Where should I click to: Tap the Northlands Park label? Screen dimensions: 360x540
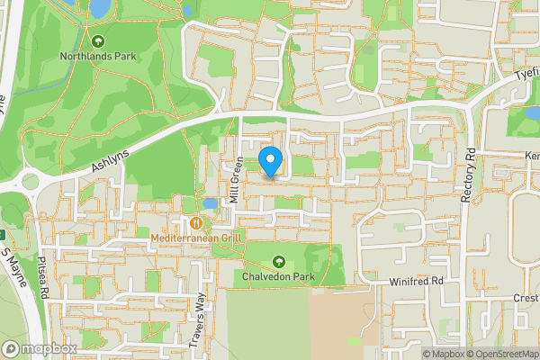[x=98, y=56]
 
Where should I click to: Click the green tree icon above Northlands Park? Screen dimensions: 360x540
[x=98, y=40]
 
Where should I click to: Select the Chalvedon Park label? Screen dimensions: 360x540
[x=278, y=277]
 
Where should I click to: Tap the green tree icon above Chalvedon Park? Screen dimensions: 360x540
[x=278, y=261]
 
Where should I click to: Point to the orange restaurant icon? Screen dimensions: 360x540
[x=195, y=222]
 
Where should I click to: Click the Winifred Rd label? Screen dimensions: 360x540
[x=418, y=282]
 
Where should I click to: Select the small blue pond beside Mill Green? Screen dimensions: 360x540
[x=211, y=204]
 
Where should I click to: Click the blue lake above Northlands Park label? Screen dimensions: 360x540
[x=99, y=9]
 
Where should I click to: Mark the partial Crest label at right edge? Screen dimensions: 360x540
[x=526, y=298]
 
